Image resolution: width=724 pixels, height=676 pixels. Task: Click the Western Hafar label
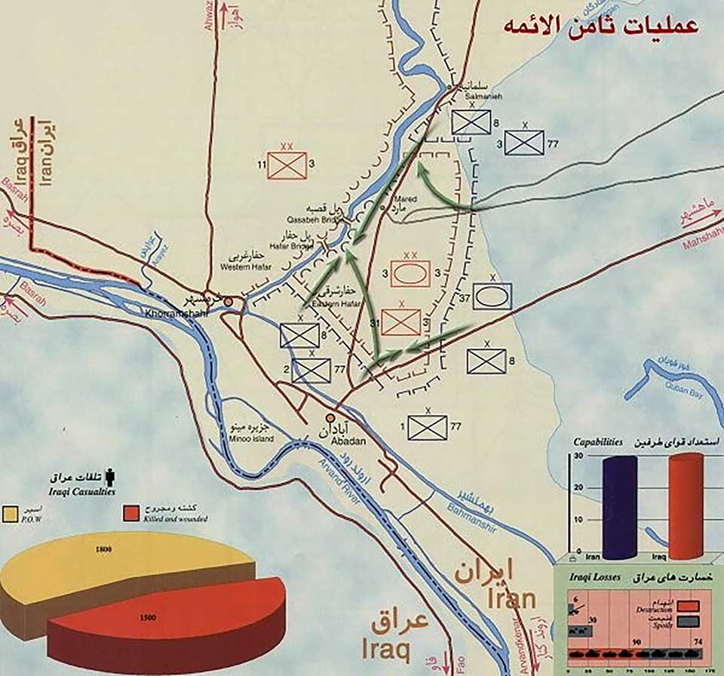pyautogui.click(x=241, y=266)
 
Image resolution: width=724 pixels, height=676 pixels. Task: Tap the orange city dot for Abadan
pyautogui.click(x=330, y=417)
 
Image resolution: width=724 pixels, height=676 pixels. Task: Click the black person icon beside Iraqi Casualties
pyautogui.click(x=111, y=477)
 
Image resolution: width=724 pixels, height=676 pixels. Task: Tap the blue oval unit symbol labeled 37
pyautogui.click(x=492, y=296)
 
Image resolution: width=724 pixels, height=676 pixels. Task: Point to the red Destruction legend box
pyautogui.click(x=687, y=606)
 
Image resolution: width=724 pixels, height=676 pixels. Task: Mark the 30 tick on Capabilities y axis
pyautogui.click(x=578, y=456)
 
